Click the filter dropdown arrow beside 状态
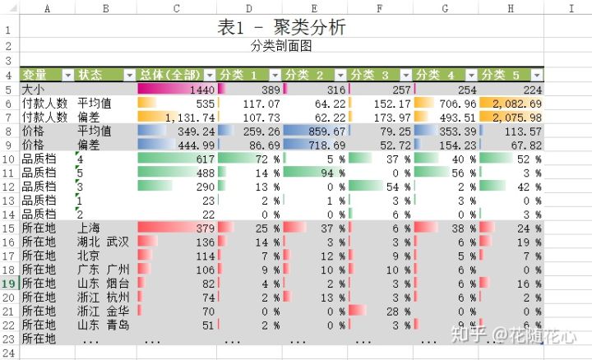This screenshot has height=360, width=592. coord(129,75)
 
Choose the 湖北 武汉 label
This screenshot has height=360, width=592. coord(103,242)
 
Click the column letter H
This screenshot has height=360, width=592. coord(511,8)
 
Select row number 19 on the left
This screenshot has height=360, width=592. coord(8,283)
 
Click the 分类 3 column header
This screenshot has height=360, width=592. coord(378,75)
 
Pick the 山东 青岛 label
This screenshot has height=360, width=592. coord(103,325)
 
